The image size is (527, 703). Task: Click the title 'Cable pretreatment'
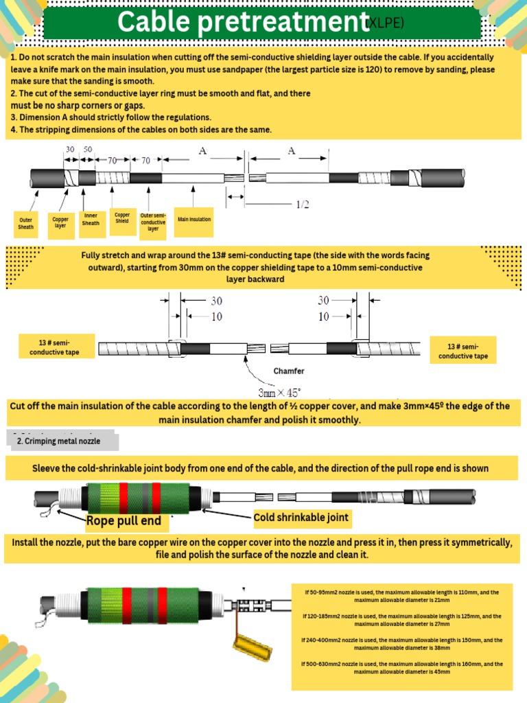(x=239, y=22)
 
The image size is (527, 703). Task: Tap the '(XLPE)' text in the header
(x=384, y=23)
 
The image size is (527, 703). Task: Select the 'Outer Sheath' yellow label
(x=25, y=223)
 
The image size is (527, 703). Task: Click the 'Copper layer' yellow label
(x=60, y=222)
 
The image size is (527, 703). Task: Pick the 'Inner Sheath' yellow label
(x=91, y=219)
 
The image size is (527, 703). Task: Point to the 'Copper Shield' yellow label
(x=122, y=218)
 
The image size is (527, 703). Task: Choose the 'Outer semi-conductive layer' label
(x=153, y=222)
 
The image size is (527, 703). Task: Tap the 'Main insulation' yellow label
(x=194, y=220)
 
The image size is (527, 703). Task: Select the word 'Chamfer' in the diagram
(x=289, y=371)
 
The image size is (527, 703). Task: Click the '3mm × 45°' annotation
(x=281, y=393)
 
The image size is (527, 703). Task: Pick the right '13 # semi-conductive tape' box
(x=463, y=351)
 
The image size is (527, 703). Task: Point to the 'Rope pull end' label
(x=124, y=521)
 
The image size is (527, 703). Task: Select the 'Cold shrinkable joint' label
(x=301, y=517)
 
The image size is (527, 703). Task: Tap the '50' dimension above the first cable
(x=88, y=150)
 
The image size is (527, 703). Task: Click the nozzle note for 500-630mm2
(x=402, y=668)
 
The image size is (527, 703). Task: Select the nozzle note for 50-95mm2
(x=402, y=596)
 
